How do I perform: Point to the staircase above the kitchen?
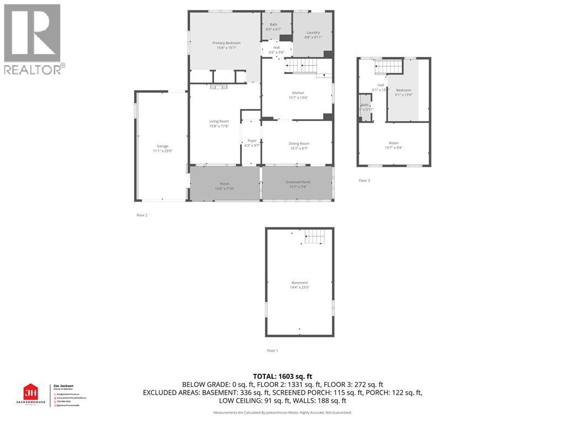pyautogui.click(x=301, y=67)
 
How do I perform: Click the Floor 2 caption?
pyautogui.click(x=142, y=215)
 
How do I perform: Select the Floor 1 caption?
pyautogui.click(x=273, y=351)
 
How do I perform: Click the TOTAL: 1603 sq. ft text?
pyautogui.click(x=282, y=377)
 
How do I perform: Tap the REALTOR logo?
pyautogui.click(x=33, y=39)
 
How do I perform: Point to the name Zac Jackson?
pyautogui.click(x=62, y=385)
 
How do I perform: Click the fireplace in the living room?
pyautogui.click(x=218, y=86)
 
